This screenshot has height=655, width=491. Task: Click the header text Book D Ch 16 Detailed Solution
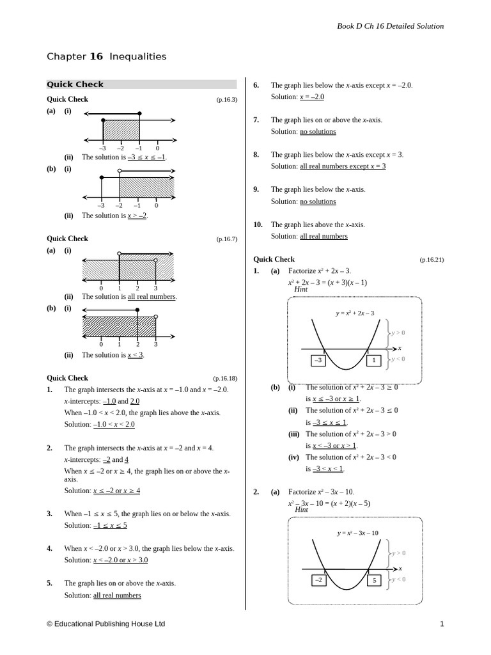point(390,26)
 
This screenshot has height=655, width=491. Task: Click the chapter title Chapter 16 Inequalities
point(106,56)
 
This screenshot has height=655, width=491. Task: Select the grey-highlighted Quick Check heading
point(75,84)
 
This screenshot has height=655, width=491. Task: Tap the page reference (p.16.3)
point(226,100)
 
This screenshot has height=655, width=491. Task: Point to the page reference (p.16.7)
point(226,239)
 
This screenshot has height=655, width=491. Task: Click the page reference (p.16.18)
point(225,379)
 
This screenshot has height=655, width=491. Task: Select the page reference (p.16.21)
point(432,260)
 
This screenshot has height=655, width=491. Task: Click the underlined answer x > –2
point(137,216)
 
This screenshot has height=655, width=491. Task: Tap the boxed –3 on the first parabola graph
point(318,361)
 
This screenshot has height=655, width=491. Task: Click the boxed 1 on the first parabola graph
point(374,361)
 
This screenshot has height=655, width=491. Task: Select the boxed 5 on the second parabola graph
point(374,581)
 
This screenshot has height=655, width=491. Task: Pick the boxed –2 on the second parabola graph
point(318,581)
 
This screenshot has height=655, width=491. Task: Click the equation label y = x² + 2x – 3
point(355,313)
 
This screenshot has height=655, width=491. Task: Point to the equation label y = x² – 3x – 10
point(357,533)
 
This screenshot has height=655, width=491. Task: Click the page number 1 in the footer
point(442,624)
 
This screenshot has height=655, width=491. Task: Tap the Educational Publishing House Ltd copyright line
point(105,624)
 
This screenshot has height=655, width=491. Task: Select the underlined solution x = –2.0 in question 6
point(312,97)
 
